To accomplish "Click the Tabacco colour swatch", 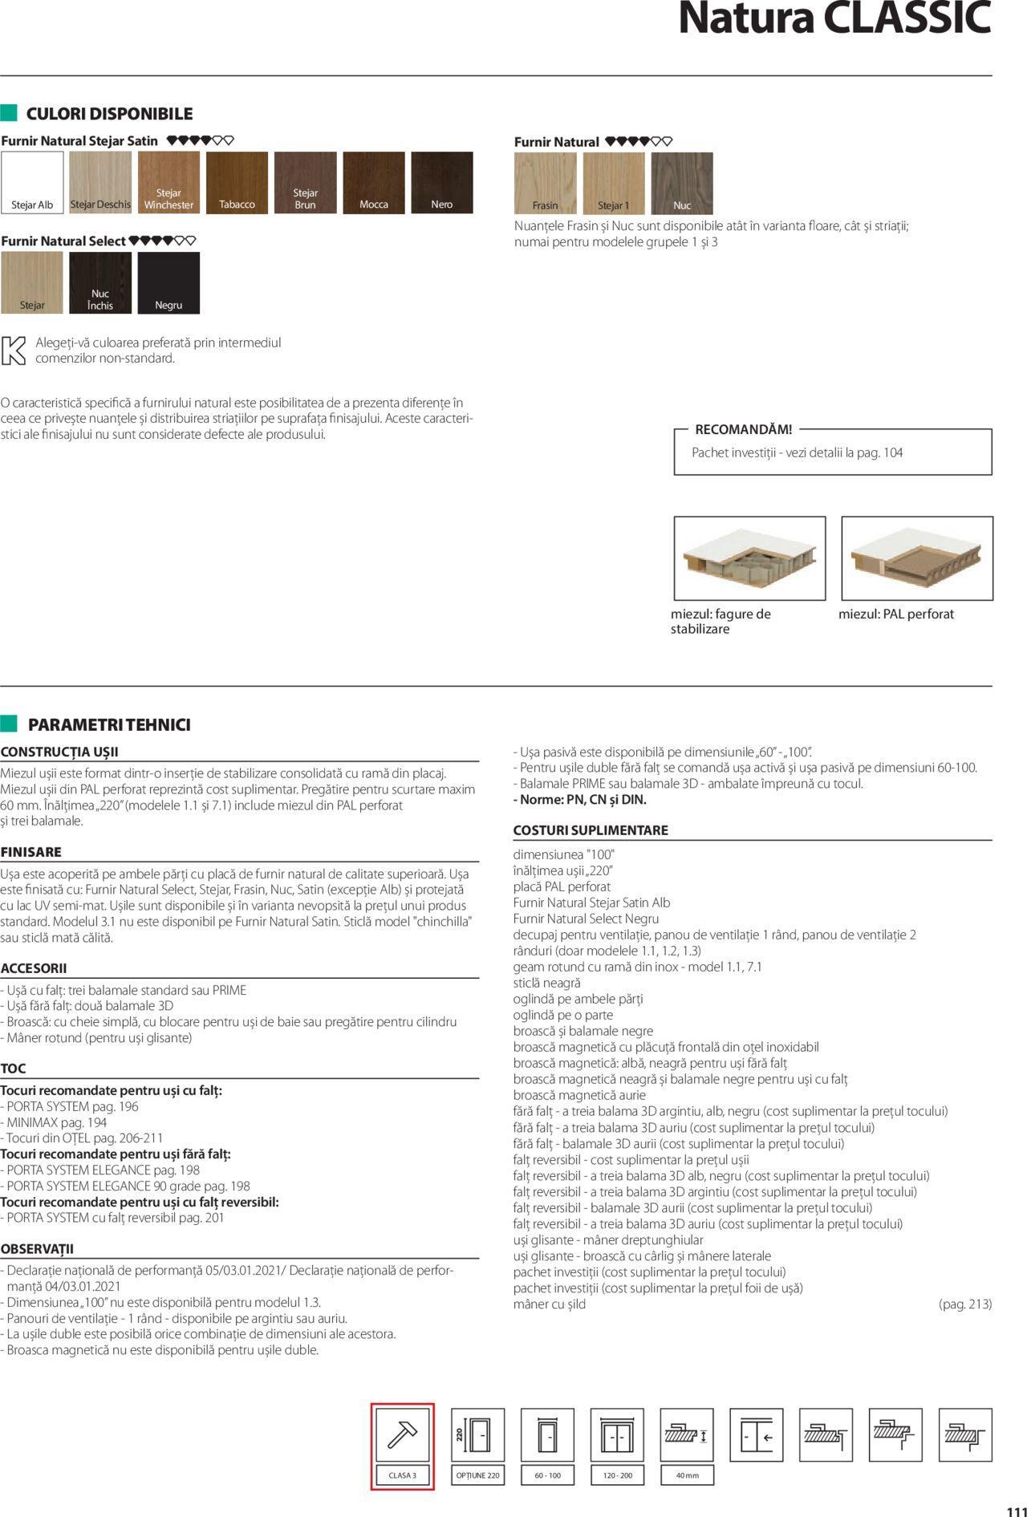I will pyautogui.click(x=237, y=182).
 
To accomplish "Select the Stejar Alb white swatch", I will pyautogui.click(x=32, y=182).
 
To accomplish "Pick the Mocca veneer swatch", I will pyautogui.click(x=374, y=182).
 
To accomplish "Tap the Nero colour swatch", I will pyautogui.click(x=442, y=182).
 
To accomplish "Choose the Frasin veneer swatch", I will pyautogui.click(x=545, y=183).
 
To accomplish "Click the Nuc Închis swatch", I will pyautogui.click(x=100, y=282).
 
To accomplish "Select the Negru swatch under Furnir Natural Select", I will pyautogui.click(x=168, y=282).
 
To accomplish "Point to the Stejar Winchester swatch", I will pyautogui.click(x=168, y=182).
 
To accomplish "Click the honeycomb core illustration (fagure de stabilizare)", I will pyautogui.click(x=749, y=558).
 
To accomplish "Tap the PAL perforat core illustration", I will pyautogui.click(x=917, y=558).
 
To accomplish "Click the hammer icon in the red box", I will pyautogui.click(x=402, y=1435).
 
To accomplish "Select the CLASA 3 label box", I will pyautogui.click(x=402, y=1475).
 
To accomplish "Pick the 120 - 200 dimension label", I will pyautogui.click(x=617, y=1475).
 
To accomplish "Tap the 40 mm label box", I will pyautogui.click(x=687, y=1475).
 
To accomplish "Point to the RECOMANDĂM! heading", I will pyautogui.click(x=743, y=429).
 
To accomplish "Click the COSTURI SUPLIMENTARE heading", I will pyautogui.click(x=591, y=830).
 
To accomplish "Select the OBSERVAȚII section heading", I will pyautogui.click(x=37, y=1249).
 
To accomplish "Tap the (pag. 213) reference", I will pyautogui.click(x=964, y=1304).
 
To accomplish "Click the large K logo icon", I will pyautogui.click(x=14, y=351).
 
